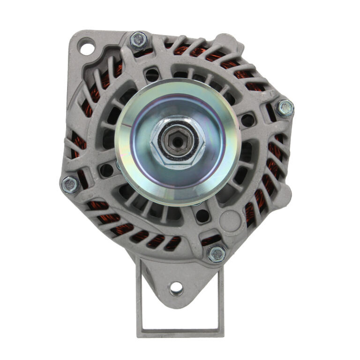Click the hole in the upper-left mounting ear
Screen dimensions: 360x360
[x=86, y=47]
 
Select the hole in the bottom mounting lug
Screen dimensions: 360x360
[x=176, y=287]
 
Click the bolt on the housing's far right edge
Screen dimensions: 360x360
[x=285, y=108]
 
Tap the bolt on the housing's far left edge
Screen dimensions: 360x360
[x=70, y=184]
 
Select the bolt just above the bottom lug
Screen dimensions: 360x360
[x=216, y=254]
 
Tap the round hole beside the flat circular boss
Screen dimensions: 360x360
[x=202, y=216]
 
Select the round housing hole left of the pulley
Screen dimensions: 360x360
[x=106, y=170]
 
